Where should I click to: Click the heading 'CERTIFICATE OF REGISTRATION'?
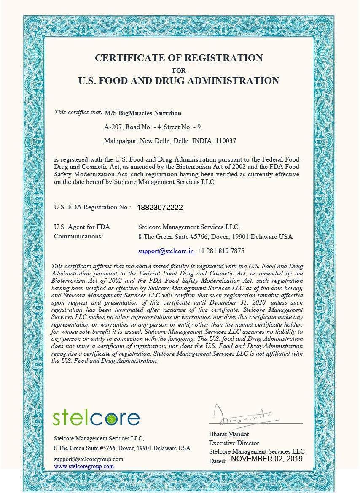tap(179, 58)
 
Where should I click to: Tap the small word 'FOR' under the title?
tap(179, 70)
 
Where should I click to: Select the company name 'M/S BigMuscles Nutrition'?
tap(143, 113)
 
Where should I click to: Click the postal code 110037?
tap(226, 141)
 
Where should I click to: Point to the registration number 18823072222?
tap(160, 208)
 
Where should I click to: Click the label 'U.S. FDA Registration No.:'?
tap(92, 207)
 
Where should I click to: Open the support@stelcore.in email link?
tap(167, 251)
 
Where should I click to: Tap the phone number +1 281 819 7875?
tap(220, 251)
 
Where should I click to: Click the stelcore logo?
tap(97, 417)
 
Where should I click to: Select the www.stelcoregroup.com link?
tap(84, 466)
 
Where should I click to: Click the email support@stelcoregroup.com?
tap(89, 459)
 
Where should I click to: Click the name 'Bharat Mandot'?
tap(229, 434)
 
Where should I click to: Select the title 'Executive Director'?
tap(234, 443)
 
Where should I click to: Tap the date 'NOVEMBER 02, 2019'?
tap(267, 459)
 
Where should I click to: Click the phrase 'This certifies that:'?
tap(78, 113)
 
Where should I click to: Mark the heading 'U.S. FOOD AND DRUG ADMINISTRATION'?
tap(179, 81)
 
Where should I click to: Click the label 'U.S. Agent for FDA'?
tap(82, 227)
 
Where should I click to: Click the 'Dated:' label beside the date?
tap(218, 461)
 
